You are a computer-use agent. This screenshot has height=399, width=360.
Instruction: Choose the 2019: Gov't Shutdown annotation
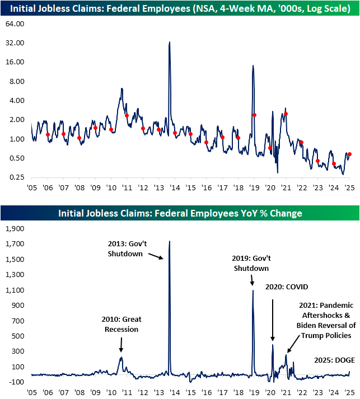(x=251, y=263)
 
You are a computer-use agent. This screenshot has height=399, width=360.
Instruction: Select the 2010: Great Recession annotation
(x=121, y=324)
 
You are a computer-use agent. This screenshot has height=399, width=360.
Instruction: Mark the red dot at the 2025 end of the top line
(x=350, y=154)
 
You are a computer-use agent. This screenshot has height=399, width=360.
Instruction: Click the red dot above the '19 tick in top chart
(x=254, y=115)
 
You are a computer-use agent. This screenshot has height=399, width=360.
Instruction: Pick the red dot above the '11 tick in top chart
(x=127, y=116)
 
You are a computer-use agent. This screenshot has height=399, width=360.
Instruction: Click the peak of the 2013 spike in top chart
(x=170, y=42)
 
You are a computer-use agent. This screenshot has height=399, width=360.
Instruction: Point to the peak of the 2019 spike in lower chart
(x=253, y=290)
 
